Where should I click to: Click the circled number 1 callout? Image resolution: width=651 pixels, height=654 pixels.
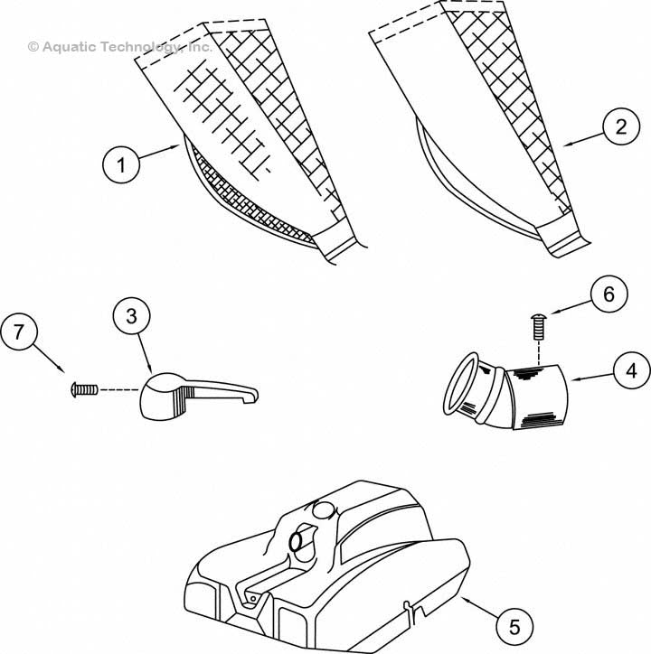(121, 164)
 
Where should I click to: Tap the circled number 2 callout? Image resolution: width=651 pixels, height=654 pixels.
(621, 126)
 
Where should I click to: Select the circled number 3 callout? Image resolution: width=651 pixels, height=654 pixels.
(131, 316)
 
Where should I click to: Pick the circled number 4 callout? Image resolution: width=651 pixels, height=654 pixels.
(632, 370)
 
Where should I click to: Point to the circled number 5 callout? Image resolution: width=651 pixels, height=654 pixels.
(514, 627)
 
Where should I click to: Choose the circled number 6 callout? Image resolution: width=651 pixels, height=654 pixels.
(609, 294)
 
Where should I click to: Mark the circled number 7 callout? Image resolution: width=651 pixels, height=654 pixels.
(19, 332)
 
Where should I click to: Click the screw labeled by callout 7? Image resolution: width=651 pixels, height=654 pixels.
(84, 390)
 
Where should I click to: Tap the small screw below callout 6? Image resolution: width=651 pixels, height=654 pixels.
(539, 326)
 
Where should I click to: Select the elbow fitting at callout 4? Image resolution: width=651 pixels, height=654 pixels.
(505, 392)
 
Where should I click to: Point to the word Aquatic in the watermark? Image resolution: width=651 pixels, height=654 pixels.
(70, 47)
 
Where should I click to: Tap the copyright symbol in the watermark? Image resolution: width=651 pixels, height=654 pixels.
(33, 47)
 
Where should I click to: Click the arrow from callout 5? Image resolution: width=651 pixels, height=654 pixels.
(478, 607)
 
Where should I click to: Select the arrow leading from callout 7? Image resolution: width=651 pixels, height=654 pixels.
(48, 358)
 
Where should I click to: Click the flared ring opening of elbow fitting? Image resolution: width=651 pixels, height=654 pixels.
(460, 384)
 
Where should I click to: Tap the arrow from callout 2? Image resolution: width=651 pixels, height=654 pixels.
(583, 139)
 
